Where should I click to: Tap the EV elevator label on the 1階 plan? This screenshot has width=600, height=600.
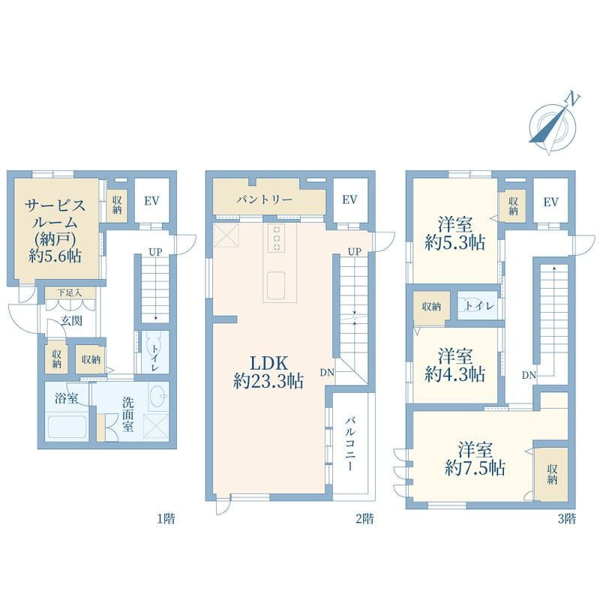(151, 200)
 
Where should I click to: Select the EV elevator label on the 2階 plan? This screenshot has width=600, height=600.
(349, 200)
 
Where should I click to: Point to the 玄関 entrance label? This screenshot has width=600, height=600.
(72, 320)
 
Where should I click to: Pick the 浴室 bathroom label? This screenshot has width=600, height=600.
(66, 398)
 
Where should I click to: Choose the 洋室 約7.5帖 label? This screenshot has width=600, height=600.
(475, 459)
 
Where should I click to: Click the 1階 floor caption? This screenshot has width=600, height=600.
(167, 518)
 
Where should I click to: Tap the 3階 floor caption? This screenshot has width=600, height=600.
(566, 518)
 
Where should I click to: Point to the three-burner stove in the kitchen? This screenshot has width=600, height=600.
(276, 238)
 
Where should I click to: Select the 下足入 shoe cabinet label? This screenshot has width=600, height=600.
(69, 292)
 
